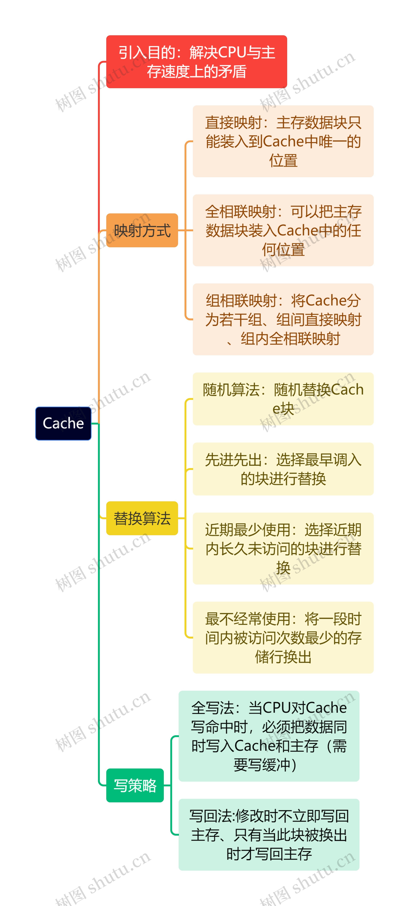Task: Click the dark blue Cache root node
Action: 63,423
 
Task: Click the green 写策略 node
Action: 135,785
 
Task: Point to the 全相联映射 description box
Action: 283,230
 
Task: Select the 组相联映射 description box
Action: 283,319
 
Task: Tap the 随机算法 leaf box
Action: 283,399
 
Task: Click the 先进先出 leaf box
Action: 283,469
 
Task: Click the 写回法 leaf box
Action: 269,835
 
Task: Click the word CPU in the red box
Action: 232,53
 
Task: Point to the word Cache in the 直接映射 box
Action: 283,141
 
